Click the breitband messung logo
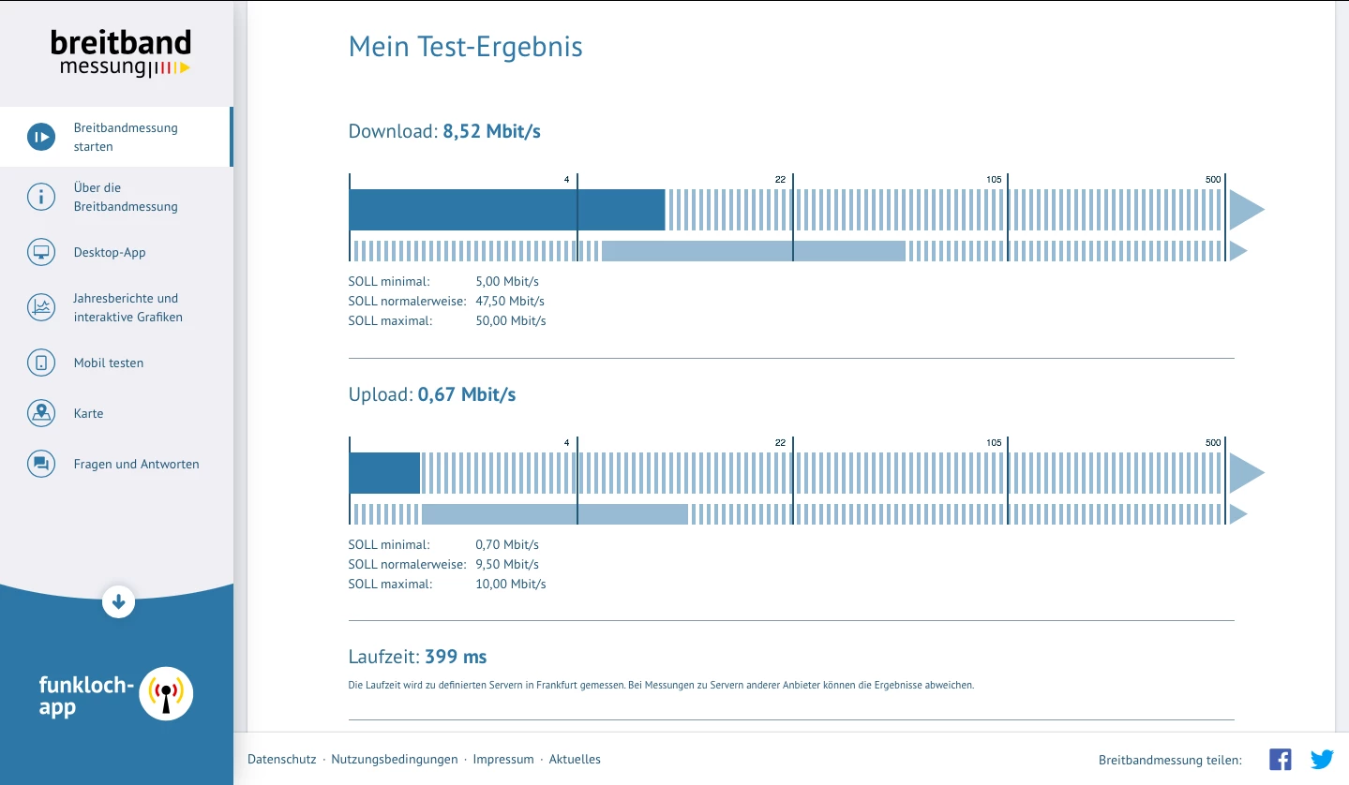120,53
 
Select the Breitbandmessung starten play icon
41,137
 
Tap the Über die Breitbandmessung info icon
41,197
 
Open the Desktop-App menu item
110,252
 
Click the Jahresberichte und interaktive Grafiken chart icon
41,307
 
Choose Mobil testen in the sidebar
109,363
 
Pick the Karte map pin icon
41,413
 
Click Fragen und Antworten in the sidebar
136,464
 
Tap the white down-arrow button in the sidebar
118,601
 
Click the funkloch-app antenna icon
166,693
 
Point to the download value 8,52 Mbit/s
491,131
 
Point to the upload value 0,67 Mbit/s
467,394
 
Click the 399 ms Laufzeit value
456,656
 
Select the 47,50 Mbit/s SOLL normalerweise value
510,301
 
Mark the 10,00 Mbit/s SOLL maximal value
511,584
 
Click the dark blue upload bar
384,473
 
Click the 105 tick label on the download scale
994,180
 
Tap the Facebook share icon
1281,759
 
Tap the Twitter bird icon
1322,759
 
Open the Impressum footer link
502,759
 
